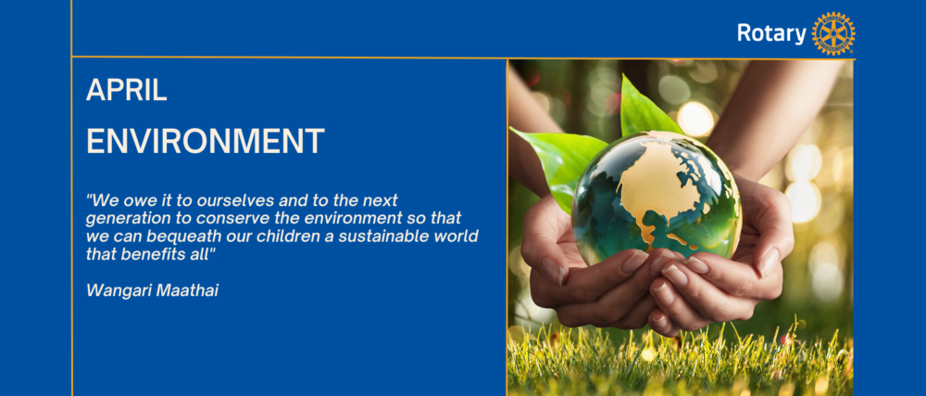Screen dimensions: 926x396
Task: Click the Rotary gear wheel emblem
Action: (x=833, y=33)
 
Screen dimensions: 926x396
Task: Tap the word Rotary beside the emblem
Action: (x=771, y=33)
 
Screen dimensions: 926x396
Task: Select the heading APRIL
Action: (x=126, y=91)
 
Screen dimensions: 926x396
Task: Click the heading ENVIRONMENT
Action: (x=205, y=141)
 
